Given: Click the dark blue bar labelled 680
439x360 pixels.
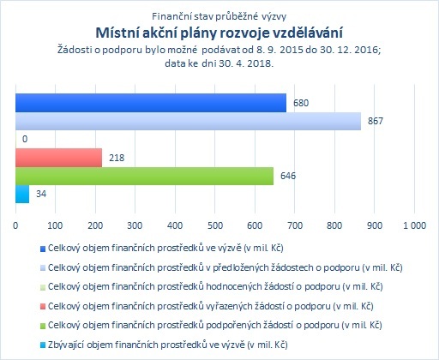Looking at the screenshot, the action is [151, 103].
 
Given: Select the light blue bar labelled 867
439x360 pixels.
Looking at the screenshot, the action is [188, 121].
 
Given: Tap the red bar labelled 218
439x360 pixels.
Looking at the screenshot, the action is [58, 158].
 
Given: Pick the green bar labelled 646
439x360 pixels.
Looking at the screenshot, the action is [144, 176].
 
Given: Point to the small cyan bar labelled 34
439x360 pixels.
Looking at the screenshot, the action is [22, 195].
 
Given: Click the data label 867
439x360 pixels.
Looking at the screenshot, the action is [375, 121].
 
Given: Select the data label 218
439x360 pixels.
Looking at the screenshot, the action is [117, 158].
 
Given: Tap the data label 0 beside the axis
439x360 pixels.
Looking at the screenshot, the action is [25, 139].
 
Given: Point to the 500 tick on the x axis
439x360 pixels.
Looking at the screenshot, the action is [215, 225].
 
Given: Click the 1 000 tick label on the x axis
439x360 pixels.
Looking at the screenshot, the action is [414, 225].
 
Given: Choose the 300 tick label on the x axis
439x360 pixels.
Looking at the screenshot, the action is [135, 225].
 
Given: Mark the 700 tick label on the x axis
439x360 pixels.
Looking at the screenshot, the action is [295, 225].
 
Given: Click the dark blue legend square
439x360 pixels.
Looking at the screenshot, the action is [43, 249].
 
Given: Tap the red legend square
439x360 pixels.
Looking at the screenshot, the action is [43, 307].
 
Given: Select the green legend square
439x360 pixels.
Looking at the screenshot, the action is [43, 326].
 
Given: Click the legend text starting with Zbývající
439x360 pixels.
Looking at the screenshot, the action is [167, 345].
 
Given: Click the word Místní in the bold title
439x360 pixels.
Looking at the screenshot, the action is [117, 33].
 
